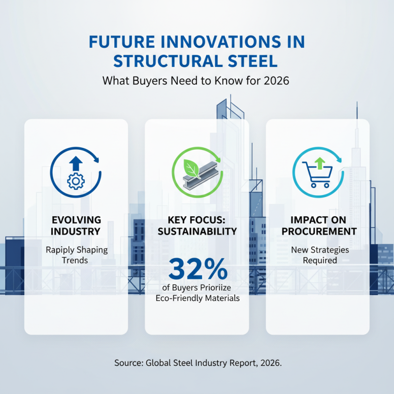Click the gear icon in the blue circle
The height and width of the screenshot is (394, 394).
pyautogui.click(x=75, y=182)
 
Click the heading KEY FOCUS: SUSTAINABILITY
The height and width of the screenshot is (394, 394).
pyautogui.click(x=197, y=225)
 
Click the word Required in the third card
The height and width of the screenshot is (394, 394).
pyautogui.click(x=320, y=260)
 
